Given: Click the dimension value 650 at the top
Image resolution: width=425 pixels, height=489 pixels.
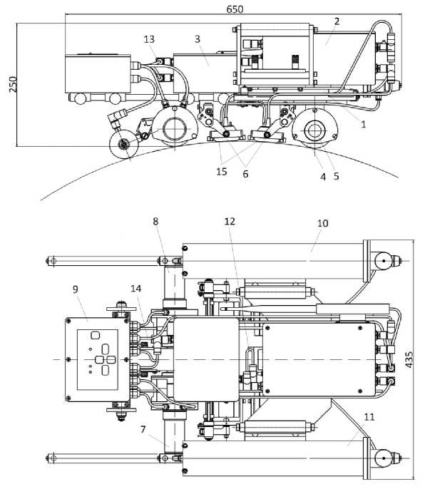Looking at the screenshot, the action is coord(235,9).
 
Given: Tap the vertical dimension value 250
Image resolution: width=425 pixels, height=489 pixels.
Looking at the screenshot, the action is coord(13,84).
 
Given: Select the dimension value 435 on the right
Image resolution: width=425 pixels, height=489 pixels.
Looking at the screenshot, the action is coord(409,359).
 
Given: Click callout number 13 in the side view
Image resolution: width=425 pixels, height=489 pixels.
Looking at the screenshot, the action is coord(149,39).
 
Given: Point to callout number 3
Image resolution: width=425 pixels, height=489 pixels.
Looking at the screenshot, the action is coord(198,39).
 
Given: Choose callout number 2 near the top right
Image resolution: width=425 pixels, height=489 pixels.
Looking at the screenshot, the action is coord(337,21).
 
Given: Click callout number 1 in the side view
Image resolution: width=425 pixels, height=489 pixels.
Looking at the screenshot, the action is coord(363,125).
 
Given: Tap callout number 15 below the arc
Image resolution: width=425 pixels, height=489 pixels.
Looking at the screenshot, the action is coord(222,172).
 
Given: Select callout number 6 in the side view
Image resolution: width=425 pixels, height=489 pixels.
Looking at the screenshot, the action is coord(245,174).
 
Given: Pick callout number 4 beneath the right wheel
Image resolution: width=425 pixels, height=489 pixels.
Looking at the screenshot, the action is coord(323,177).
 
